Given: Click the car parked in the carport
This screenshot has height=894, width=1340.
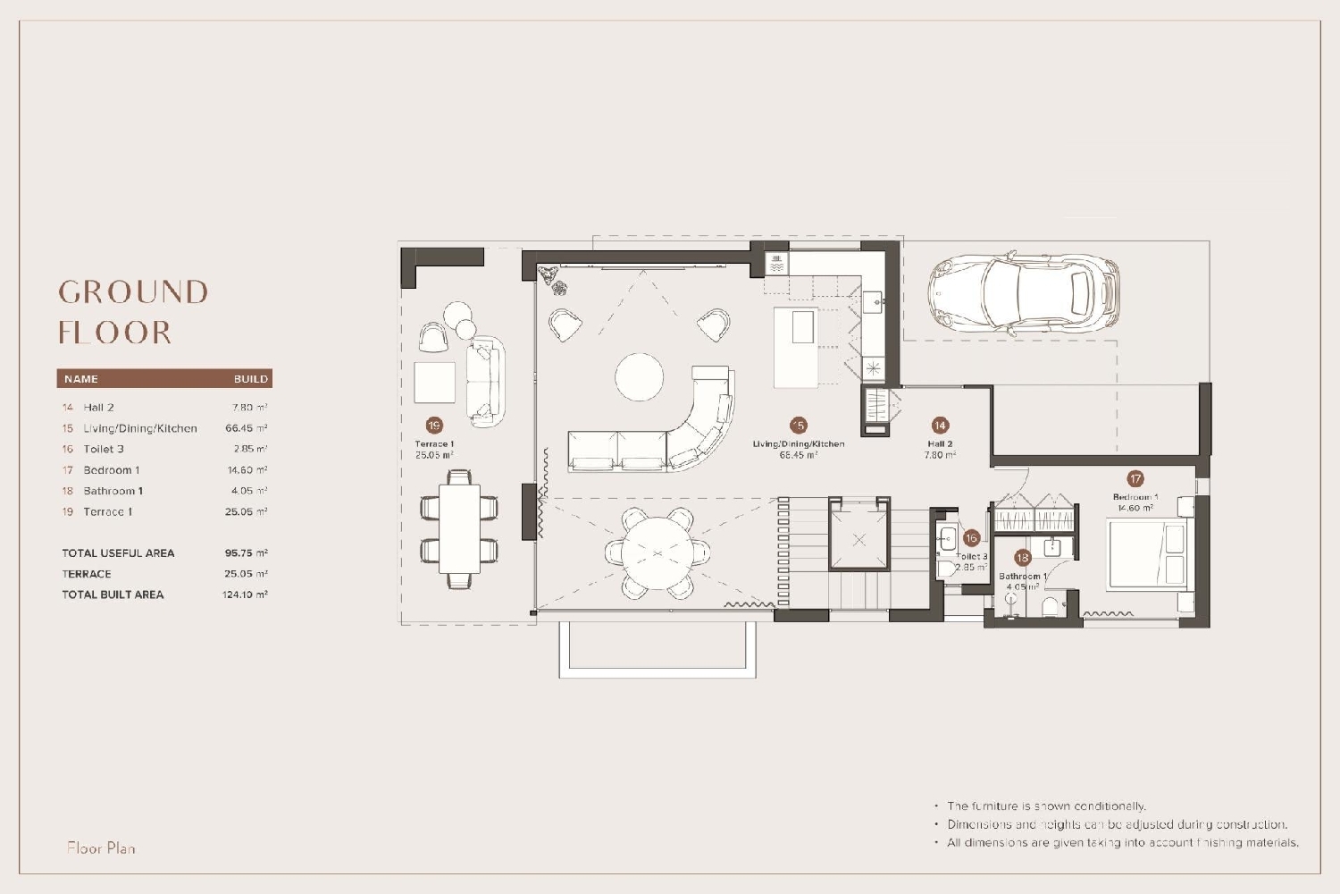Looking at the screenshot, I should click(x=1023, y=293).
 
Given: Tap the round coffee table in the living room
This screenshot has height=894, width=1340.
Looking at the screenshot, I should click(x=640, y=376).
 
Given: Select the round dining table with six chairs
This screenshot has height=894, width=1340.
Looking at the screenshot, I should click(x=658, y=553).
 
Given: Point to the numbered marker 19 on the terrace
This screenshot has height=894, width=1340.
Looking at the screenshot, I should click(x=434, y=426).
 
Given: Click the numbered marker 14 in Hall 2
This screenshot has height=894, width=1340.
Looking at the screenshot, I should click(x=939, y=426).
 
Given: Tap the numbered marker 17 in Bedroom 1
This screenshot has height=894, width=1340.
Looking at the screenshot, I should click(x=1135, y=478).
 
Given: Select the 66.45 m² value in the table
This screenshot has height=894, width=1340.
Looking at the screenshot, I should click(x=246, y=428).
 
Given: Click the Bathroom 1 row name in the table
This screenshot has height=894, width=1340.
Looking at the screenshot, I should click(x=113, y=491).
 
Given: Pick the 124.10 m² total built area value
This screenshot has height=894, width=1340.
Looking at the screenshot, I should click(x=245, y=595).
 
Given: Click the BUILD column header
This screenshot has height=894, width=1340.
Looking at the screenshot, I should click(x=250, y=379).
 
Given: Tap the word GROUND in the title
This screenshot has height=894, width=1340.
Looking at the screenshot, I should click(x=133, y=292).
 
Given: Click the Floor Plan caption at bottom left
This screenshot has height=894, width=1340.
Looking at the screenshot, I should click(x=101, y=848).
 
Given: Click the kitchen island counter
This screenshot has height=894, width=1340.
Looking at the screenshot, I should click(x=796, y=348).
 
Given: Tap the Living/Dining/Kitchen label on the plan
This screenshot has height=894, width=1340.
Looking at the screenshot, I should click(x=798, y=443).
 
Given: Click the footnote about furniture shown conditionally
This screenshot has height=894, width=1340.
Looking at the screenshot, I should click(x=1046, y=806).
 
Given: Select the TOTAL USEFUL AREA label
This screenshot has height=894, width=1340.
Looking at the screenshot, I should click(x=118, y=553).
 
